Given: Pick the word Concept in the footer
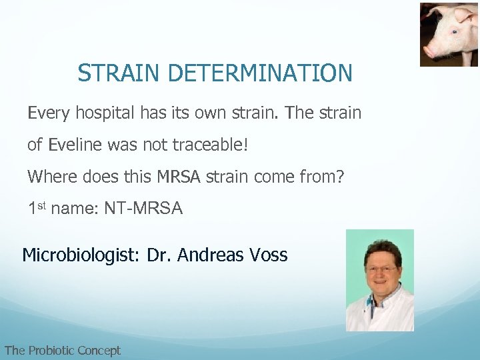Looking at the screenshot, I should [99, 350].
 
